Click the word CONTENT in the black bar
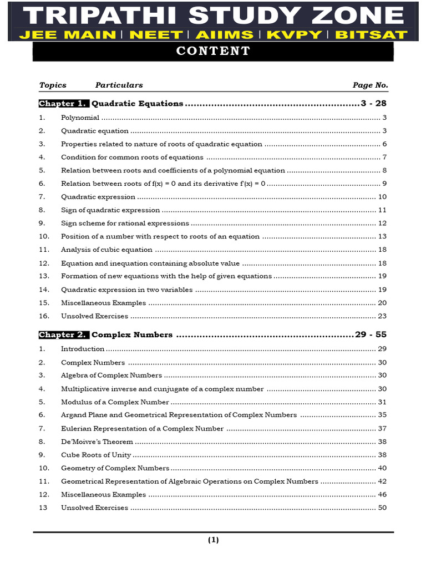(213, 52)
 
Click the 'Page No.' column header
(370, 85)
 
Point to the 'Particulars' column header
(119, 85)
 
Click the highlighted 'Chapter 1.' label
(64, 104)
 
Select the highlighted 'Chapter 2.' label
(64, 335)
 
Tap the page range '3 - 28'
(373, 104)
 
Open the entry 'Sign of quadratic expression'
(110, 210)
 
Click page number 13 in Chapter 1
(382, 236)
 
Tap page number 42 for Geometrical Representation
(382, 481)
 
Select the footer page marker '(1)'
(214, 540)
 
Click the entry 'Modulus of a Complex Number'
(114, 402)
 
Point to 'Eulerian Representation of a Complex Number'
(142, 429)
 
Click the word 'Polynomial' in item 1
(80, 118)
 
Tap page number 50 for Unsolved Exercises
(382, 508)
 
